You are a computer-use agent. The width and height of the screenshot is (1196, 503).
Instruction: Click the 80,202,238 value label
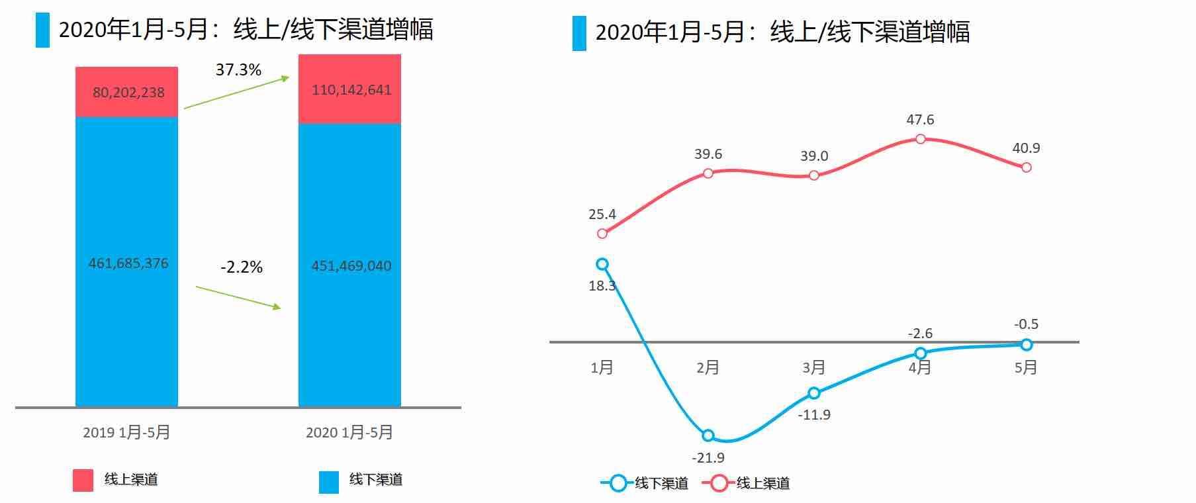[128, 93]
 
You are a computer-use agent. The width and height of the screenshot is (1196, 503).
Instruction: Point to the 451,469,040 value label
[351, 266]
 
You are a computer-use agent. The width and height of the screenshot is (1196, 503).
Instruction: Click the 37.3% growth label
[238, 70]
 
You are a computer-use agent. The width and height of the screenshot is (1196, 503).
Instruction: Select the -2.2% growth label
[242, 267]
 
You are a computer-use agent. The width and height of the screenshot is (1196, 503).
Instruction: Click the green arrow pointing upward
[236, 93]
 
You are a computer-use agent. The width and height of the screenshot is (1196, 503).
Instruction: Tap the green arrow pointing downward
[238, 297]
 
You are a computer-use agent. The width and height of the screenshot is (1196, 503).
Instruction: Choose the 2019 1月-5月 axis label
[126, 433]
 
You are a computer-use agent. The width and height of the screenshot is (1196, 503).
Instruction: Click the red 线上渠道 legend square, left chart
[83, 480]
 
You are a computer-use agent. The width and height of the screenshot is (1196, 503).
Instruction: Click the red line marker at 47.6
[920, 139]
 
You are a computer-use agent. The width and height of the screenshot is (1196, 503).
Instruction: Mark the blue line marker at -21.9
[708, 435]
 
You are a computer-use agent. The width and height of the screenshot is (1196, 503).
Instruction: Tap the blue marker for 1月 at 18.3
[602, 264]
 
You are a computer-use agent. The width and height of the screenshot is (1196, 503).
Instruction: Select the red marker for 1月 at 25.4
[602, 234]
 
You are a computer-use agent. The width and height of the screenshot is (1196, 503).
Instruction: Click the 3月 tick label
[814, 367]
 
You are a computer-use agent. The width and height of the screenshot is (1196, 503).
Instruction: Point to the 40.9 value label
[1026, 148]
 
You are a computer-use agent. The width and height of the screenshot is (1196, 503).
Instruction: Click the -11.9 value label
[814, 415]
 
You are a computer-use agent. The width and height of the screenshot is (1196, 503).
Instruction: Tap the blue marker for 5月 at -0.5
[1026, 345]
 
